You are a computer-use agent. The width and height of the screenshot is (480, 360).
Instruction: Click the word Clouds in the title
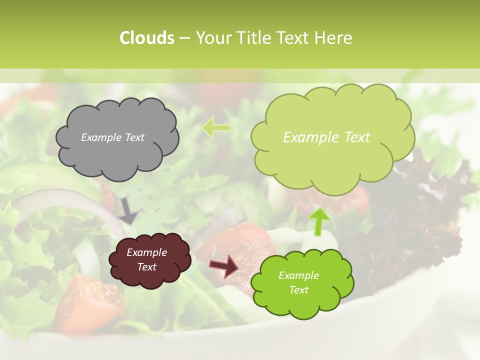coord(146,38)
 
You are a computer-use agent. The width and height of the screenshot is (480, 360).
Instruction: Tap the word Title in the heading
coord(255,38)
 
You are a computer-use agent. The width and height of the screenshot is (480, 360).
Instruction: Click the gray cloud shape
coord(116,155)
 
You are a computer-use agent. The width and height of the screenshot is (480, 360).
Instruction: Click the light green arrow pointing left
coord(216,127)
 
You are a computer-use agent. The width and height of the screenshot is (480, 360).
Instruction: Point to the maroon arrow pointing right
coord(224,266)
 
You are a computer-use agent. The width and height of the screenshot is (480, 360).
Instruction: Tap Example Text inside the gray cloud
coord(112,137)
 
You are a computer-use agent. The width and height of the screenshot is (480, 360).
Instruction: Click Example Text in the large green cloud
coord(326,137)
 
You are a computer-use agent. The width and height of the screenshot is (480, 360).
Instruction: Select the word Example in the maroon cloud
coord(146,252)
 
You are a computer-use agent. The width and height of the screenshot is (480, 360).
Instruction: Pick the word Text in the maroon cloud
coord(146,267)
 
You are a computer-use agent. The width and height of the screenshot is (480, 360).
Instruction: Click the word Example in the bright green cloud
coord(298,275)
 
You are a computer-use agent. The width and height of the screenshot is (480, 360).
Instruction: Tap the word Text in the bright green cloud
coord(298,290)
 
